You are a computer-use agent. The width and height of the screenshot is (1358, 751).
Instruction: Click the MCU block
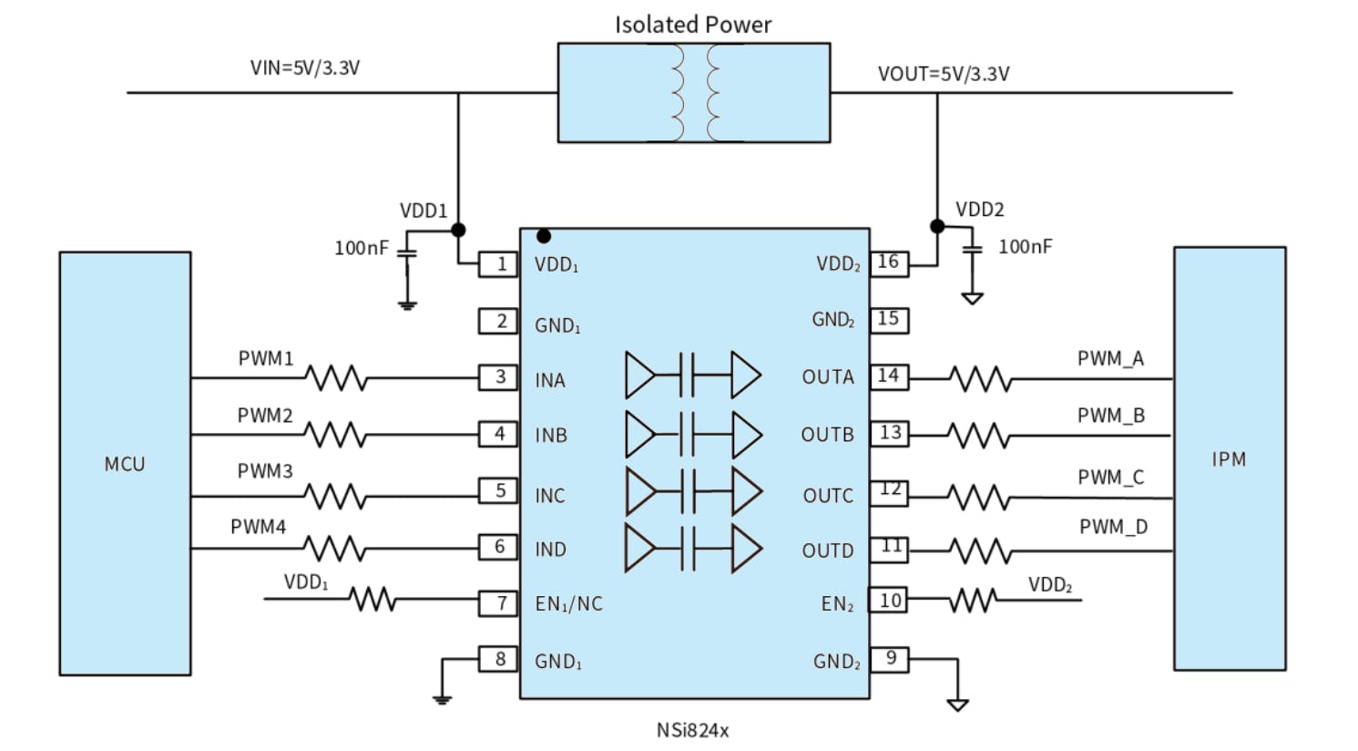click(125, 463)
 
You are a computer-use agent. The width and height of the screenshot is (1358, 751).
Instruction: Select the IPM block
click(1229, 458)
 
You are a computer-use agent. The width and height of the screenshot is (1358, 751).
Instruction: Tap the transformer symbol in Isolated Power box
click(695, 92)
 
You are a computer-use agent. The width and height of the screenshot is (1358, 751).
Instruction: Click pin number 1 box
click(499, 264)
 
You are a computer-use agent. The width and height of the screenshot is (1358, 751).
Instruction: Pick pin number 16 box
click(889, 262)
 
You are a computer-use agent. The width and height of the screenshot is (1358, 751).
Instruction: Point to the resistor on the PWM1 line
click(336, 377)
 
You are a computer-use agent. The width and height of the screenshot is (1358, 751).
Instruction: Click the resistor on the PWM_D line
click(980, 550)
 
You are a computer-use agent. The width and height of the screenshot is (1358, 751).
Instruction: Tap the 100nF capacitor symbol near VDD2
click(973, 248)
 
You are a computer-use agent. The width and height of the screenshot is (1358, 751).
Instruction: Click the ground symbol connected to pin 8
click(442, 699)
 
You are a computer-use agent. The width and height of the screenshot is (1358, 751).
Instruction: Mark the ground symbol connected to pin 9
click(957, 704)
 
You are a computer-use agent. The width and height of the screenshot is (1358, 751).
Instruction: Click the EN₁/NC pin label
click(568, 603)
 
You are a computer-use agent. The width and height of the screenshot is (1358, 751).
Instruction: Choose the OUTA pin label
click(827, 377)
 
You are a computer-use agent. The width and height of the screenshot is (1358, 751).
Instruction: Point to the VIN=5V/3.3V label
click(304, 67)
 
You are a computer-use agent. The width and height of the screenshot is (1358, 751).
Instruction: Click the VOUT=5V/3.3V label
click(943, 74)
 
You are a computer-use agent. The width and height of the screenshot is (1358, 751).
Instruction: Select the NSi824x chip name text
click(692, 730)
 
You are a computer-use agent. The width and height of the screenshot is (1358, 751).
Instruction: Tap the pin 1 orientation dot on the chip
click(544, 236)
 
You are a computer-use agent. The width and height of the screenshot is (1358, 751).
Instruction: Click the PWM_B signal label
click(1110, 416)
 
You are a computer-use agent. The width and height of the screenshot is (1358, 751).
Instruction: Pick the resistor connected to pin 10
click(973, 601)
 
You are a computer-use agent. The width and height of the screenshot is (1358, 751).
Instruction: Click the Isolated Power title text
click(692, 25)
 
